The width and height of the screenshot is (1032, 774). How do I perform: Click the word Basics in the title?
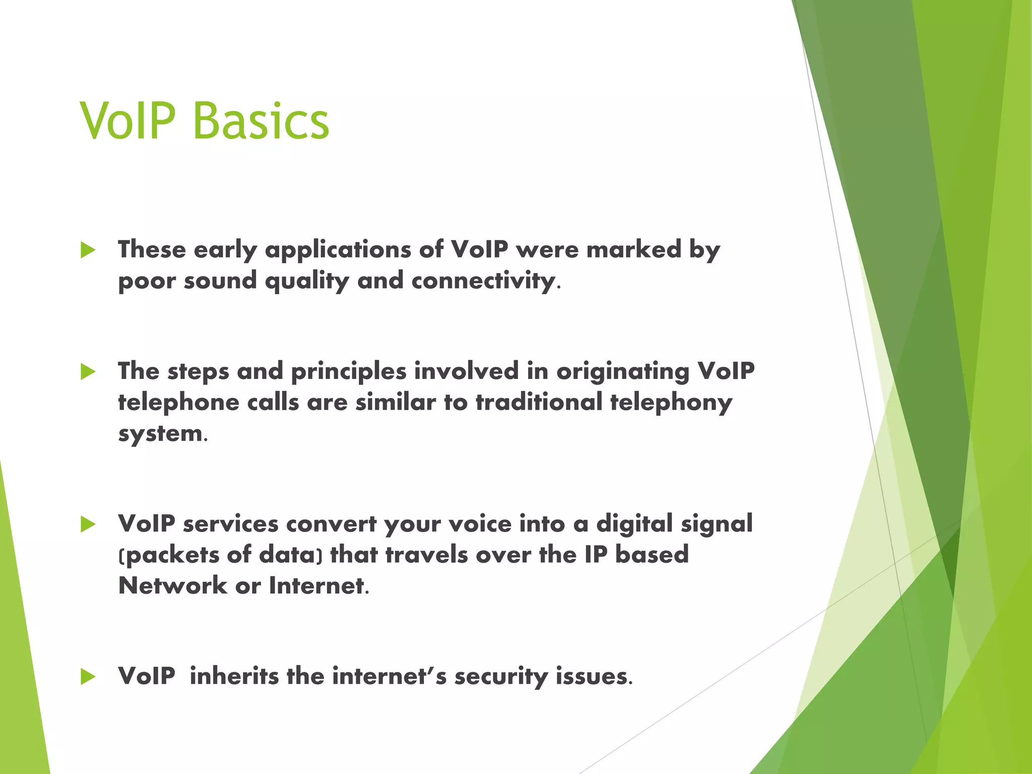261,121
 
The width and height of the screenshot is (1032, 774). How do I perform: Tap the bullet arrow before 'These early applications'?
88,250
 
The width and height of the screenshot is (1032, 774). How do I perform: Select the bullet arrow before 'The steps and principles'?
88,372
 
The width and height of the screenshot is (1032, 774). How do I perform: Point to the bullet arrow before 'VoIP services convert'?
88,525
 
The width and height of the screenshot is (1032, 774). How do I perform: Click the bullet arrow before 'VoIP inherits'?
88,677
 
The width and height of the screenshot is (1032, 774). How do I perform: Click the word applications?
338,250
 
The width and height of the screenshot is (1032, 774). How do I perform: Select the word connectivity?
483,281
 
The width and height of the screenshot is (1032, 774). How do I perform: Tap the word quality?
307,281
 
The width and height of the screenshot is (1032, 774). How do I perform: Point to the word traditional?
539,403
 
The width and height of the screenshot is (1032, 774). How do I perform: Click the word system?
160,434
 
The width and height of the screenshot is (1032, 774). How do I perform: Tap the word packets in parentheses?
171,555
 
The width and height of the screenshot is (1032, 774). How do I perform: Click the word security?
501,676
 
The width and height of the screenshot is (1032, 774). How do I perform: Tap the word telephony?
671,403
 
